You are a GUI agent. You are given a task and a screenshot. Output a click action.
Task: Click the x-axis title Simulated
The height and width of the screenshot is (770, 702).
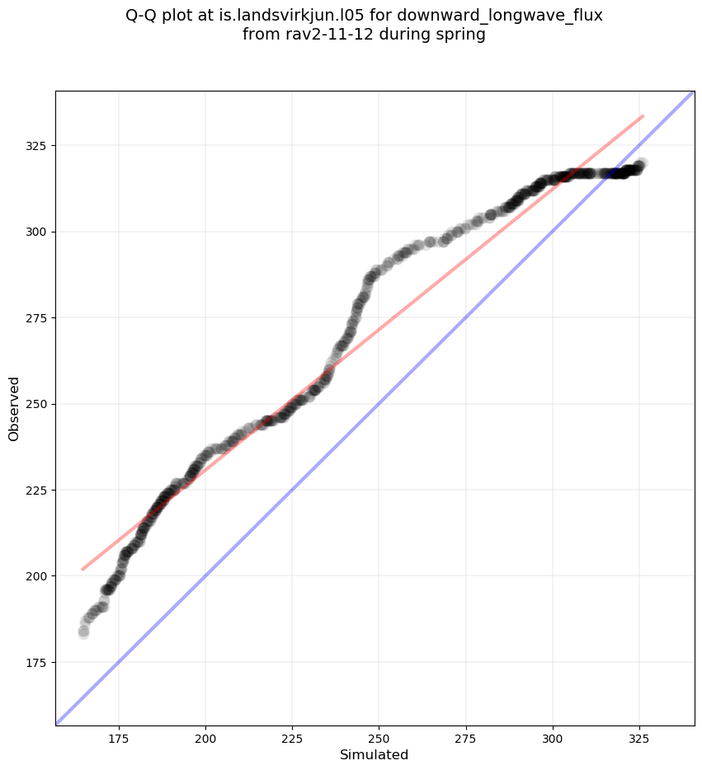click(x=375, y=754)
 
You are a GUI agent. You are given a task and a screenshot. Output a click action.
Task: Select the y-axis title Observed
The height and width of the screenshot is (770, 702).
click(x=14, y=409)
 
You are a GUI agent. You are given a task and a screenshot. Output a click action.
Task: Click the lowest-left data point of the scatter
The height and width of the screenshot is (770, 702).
click(x=83, y=633)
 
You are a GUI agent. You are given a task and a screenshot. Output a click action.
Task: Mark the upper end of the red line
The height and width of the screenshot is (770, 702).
click(x=643, y=116)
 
